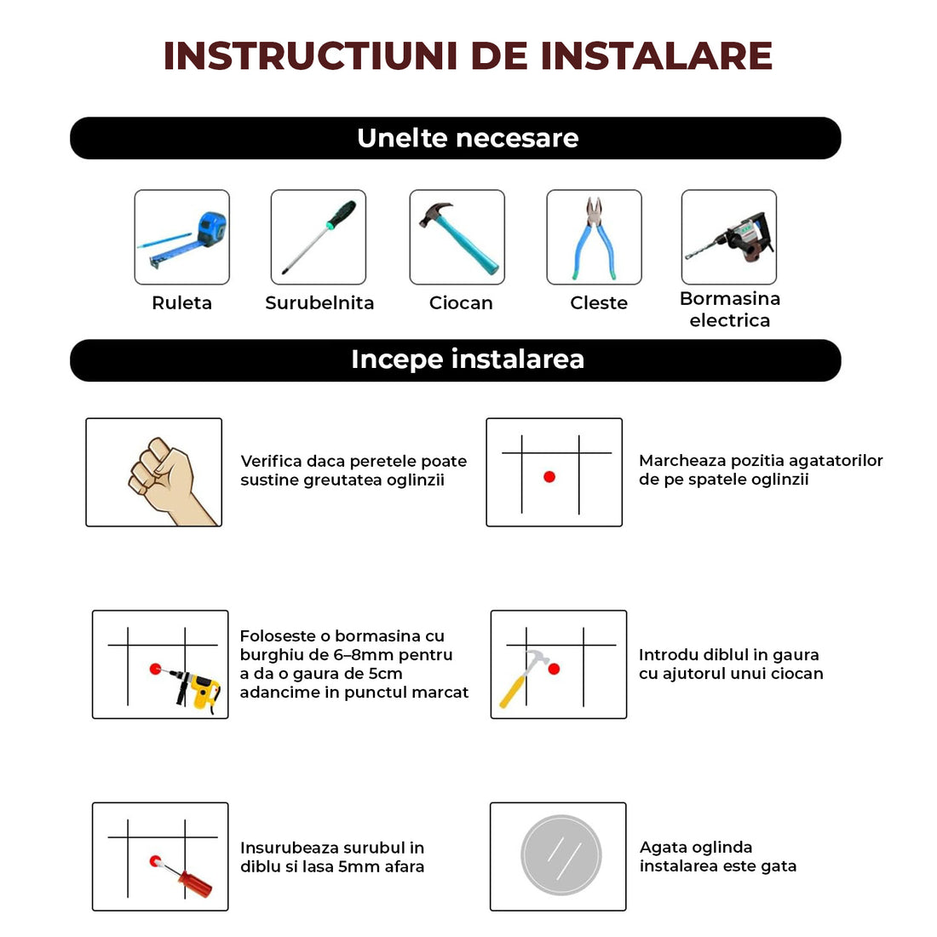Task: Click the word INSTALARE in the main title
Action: click(656, 56)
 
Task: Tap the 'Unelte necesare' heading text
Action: click(468, 138)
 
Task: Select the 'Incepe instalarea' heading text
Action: click(468, 359)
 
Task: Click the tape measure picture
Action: click(182, 238)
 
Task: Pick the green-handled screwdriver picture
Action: click(319, 237)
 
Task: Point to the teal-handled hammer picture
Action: click(457, 238)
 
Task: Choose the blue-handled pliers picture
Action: click(594, 238)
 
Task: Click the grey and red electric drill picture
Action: click(730, 238)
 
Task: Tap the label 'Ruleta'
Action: click(181, 303)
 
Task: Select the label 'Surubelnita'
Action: click(319, 303)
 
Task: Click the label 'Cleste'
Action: click(599, 303)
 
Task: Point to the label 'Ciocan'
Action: click(461, 303)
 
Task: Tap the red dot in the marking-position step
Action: click(549, 477)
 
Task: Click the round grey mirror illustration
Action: click(561, 856)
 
